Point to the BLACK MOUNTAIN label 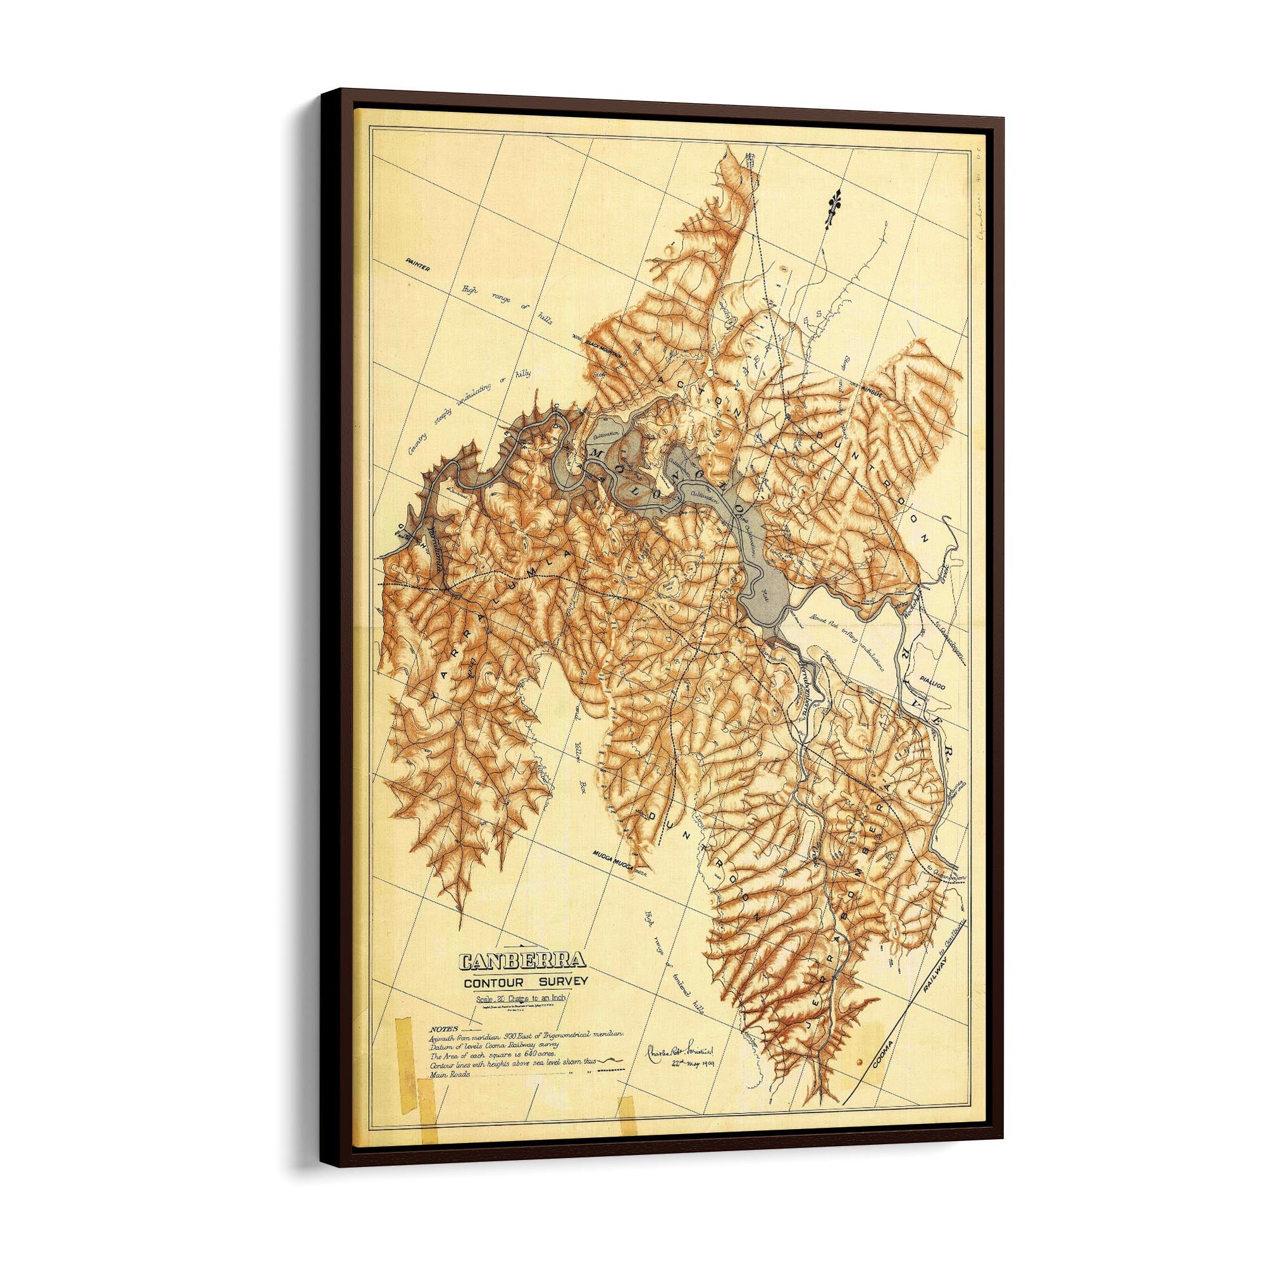point(607,342)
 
